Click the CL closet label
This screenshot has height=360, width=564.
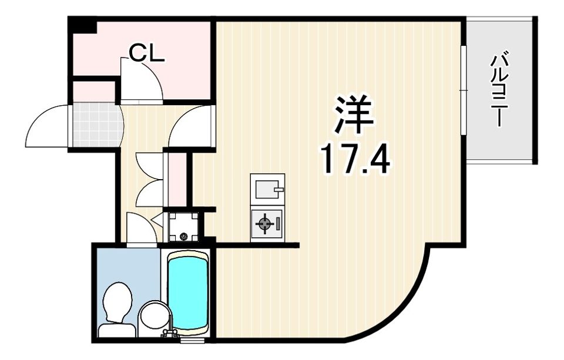(146, 53)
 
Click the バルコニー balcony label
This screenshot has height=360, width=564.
(500, 89)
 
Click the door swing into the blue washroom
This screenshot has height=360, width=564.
(141, 229)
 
